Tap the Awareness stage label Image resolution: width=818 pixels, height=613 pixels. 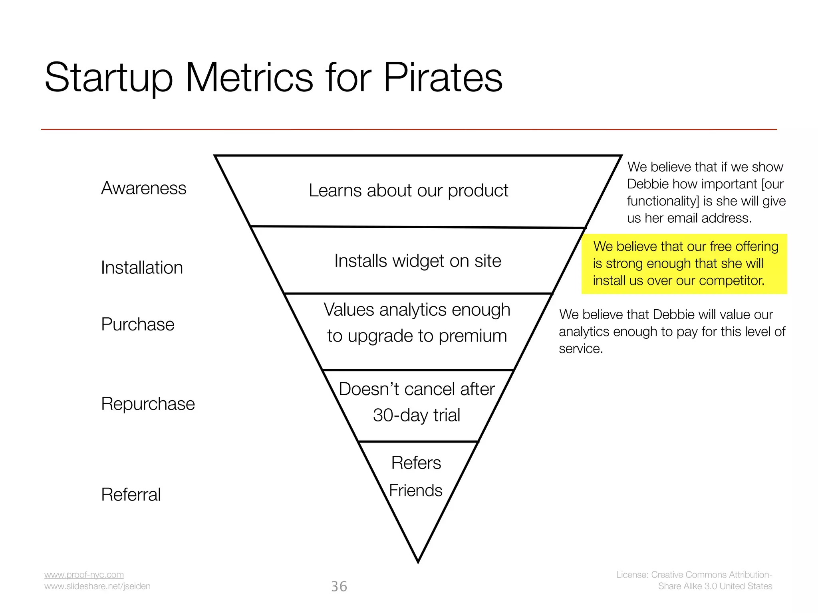[x=143, y=188]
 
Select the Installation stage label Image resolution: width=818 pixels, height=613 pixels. [x=142, y=267]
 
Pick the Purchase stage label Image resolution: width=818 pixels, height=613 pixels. [x=137, y=324]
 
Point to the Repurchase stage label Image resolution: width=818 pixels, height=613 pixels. [x=148, y=403]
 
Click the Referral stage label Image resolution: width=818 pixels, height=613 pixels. [x=131, y=494]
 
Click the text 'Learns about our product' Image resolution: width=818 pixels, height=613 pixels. [x=408, y=190]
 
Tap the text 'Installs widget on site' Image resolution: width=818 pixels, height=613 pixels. [x=417, y=261]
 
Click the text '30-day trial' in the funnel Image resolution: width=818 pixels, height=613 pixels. [x=416, y=415]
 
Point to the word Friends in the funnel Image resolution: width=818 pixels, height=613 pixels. [x=415, y=490]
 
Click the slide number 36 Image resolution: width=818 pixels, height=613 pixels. [x=339, y=586]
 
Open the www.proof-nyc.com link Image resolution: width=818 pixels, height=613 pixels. [x=84, y=575]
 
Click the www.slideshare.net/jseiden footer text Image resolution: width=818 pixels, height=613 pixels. [x=97, y=586]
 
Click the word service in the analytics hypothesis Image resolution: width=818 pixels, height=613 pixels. [x=580, y=349]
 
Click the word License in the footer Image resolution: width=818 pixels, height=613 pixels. [x=631, y=575]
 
